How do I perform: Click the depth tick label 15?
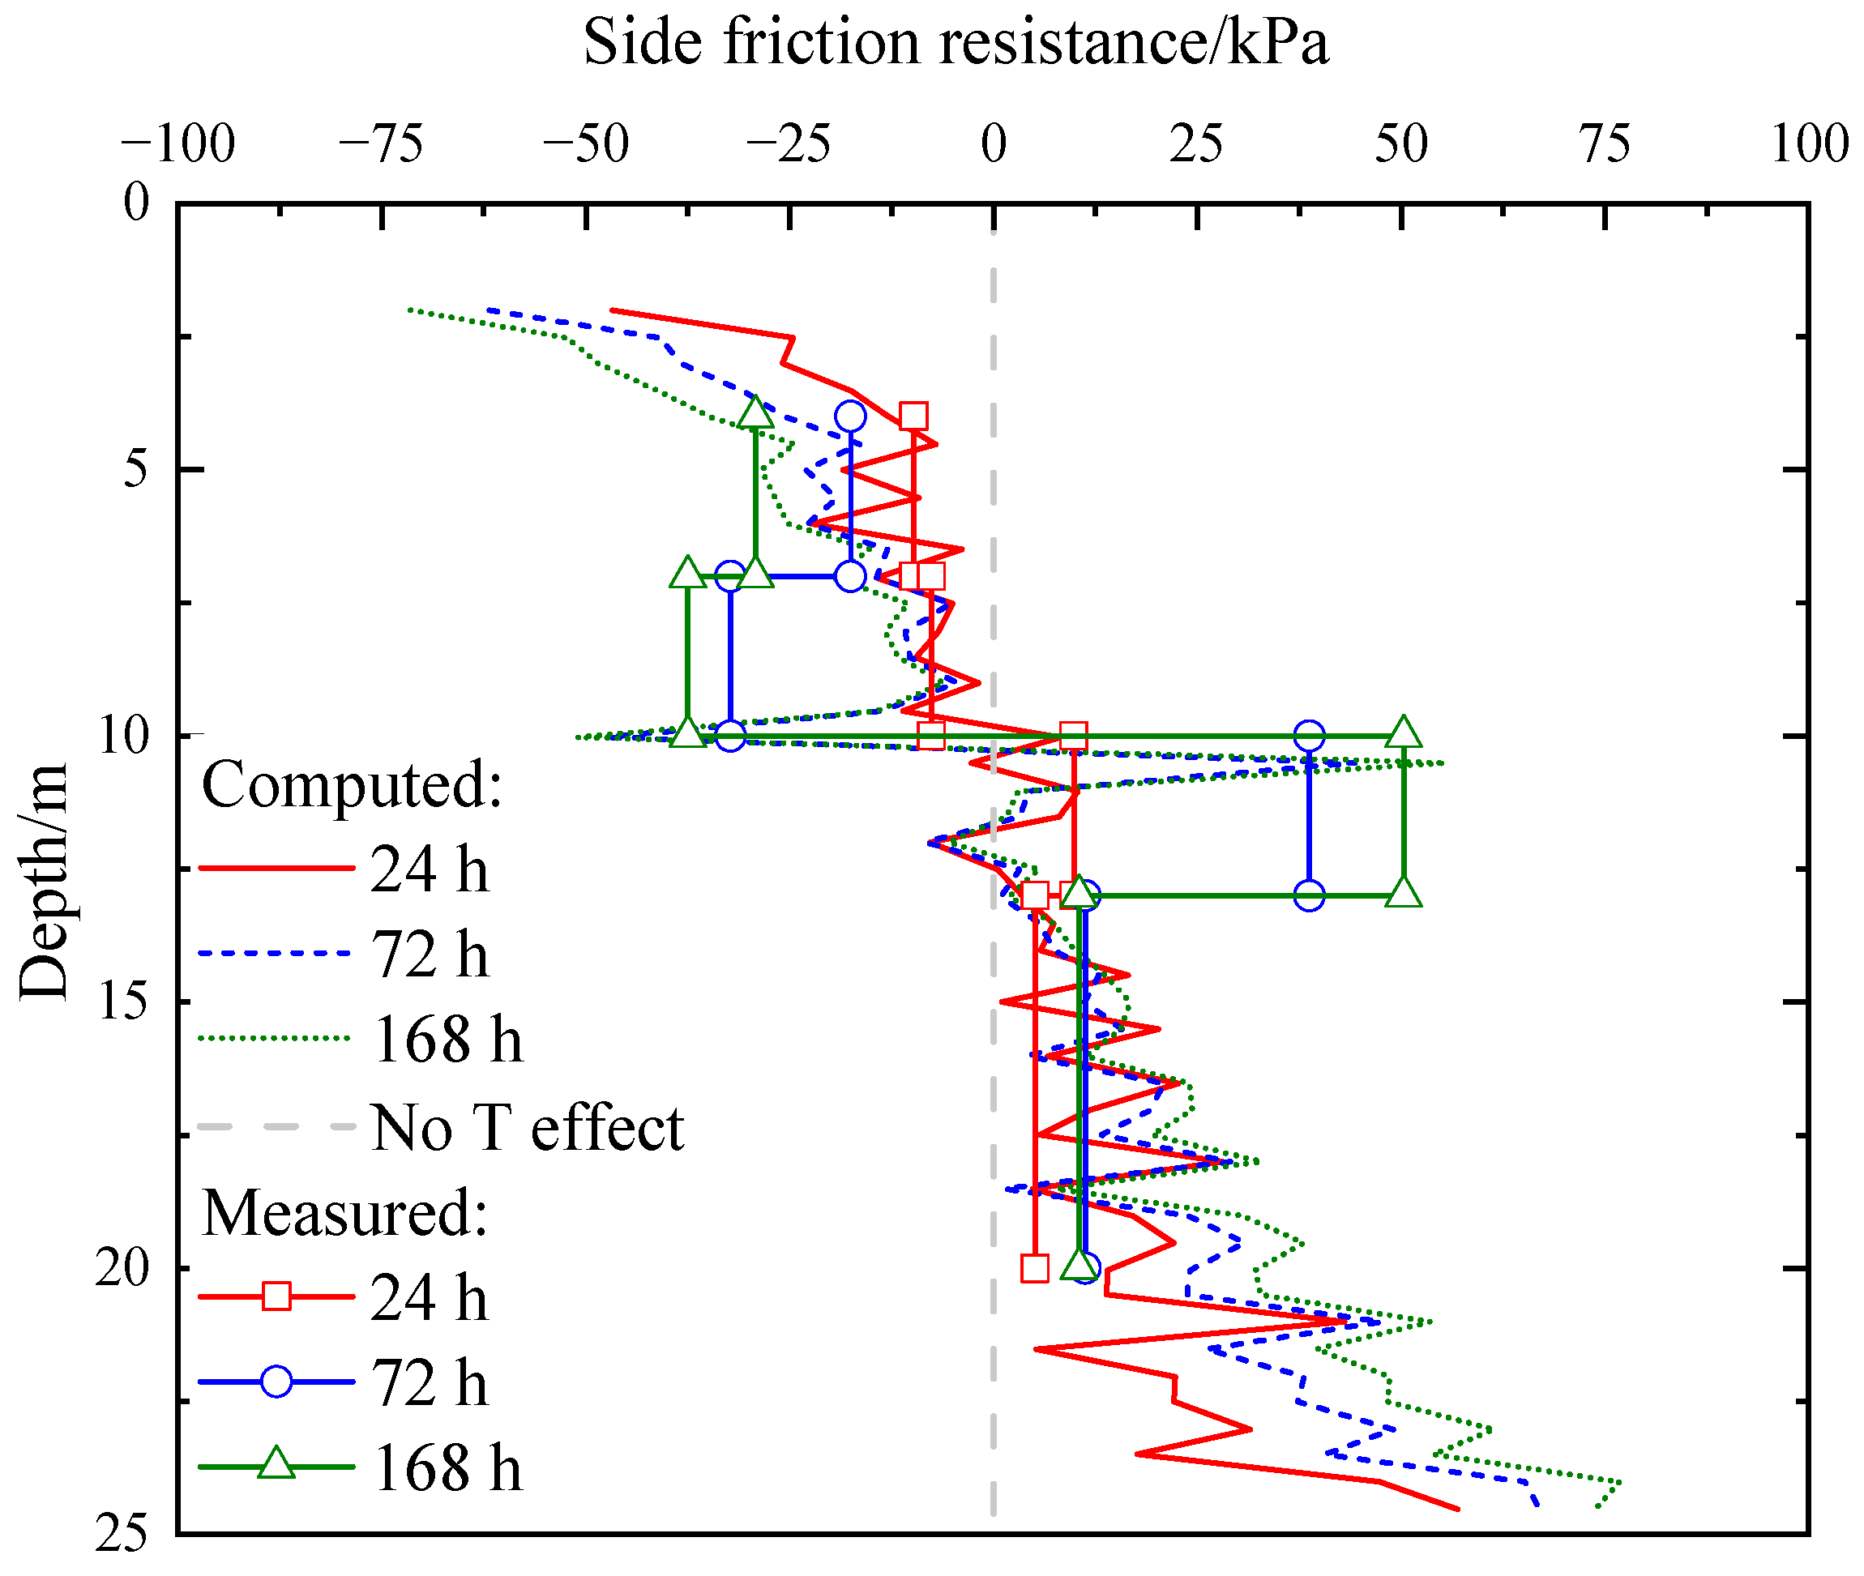[122, 1000]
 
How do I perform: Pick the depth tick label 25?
[122, 1533]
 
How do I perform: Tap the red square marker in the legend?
[276, 1296]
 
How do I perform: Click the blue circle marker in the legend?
[276, 1382]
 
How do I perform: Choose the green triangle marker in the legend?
[276, 1465]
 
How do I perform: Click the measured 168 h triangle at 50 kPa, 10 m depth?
[1403, 732]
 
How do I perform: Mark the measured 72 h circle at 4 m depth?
[850, 416]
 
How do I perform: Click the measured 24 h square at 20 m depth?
[1034, 1268]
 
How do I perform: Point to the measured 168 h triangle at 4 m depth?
[756, 412]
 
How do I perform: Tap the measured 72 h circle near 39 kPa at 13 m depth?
[1308, 895]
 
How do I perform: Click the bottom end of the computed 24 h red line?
[1457, 1508]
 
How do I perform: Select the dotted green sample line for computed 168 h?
[273, 1039]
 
